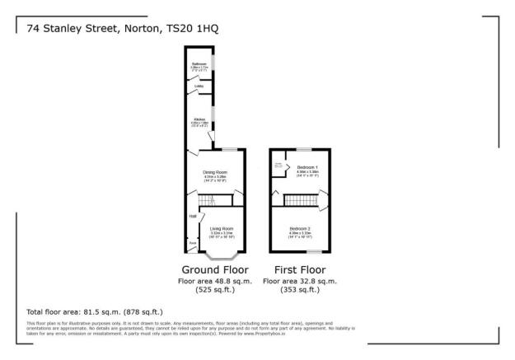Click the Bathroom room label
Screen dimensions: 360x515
[199, 63]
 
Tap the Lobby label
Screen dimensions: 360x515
[199, 86]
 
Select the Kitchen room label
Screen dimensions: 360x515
[199, 119]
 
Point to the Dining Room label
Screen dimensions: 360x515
[215, 172]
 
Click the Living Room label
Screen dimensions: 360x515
[222, 228]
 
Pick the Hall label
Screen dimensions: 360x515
[192, 216]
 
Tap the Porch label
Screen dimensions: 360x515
[192, 243]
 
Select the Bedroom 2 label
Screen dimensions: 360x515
[300, 228]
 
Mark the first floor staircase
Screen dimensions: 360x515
[301, 200]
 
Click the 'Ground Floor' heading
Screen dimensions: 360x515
[213, 269]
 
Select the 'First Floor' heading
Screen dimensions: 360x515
[294, 269]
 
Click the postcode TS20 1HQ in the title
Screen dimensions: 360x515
[196, 29]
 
